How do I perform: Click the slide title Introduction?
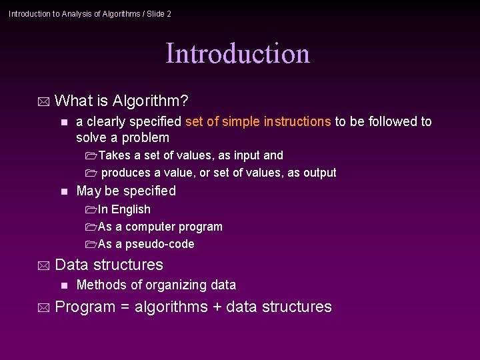tap(237, 54)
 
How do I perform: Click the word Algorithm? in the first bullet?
tap(151, 101)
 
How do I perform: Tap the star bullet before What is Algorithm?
tap(44, 102)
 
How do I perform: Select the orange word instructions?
tap(297, 121)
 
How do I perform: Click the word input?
tap(248, 155)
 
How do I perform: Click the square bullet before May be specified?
tap(63, 191)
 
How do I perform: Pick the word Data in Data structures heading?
tap(70, 265)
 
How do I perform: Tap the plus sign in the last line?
tap(217, 307)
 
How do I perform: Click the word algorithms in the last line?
tap(171, 307)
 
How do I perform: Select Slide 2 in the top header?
tap(157, 13)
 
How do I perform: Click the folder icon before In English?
tap(91, 210)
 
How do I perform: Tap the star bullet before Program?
tap(44, 308)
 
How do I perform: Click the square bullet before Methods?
tap(63, 285)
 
